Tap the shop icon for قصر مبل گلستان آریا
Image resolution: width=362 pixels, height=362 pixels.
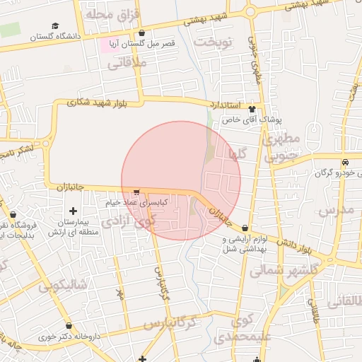click(142, 33)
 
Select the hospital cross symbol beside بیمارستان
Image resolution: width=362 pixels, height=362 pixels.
click(73, 211)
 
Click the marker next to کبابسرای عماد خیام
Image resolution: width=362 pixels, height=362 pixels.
click(136, 192)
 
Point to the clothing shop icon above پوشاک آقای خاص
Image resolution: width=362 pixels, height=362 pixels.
click(252, 109)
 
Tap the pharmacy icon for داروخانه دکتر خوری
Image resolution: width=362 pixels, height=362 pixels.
click(69, 326)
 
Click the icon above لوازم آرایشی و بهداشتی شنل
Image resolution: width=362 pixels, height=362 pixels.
click(245, 228)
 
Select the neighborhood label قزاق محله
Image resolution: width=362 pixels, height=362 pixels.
click(113, 14)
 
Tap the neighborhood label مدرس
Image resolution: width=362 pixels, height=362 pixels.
click(335, 211)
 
